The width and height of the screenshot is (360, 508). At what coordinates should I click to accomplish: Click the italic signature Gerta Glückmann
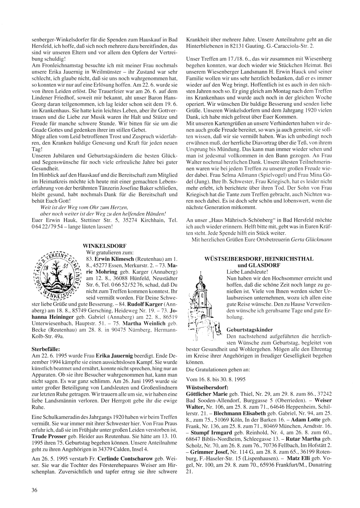click(x=311, y=239)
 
